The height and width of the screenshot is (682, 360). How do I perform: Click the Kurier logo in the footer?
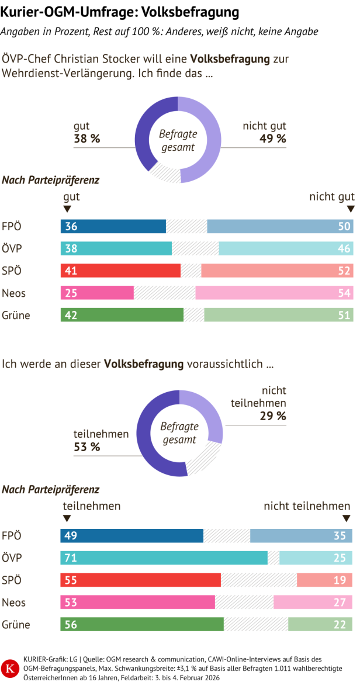click(11, 667)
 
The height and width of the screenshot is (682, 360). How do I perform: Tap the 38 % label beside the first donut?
click(86, 139)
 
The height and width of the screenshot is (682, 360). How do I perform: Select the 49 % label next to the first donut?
click(272, 139)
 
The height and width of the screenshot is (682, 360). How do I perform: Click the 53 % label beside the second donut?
click(86, 447)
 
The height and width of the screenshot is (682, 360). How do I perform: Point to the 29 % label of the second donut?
click(273, 416)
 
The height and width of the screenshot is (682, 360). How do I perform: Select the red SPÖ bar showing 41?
click(120, 271)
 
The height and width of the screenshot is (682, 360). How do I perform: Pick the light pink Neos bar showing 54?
click(274, 293)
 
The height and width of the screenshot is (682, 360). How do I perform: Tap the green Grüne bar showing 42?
click(122, 315)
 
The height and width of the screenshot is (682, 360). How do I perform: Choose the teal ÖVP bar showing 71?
click(164, 558)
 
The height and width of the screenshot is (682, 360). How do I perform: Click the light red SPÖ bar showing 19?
click(324, 580)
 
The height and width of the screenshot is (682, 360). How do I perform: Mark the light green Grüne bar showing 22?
click(320, 624)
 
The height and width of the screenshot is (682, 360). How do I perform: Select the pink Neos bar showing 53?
click(138, 602)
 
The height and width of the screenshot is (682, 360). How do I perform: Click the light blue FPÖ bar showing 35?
click(301, 536)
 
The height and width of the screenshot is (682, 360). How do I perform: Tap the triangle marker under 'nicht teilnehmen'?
click(346, 518)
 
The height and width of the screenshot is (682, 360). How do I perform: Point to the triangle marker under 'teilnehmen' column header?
click(67, 518)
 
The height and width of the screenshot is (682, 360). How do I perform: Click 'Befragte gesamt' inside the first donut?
click(178, 141)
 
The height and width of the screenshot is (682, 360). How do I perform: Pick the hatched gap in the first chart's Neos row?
click(164, 293)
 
